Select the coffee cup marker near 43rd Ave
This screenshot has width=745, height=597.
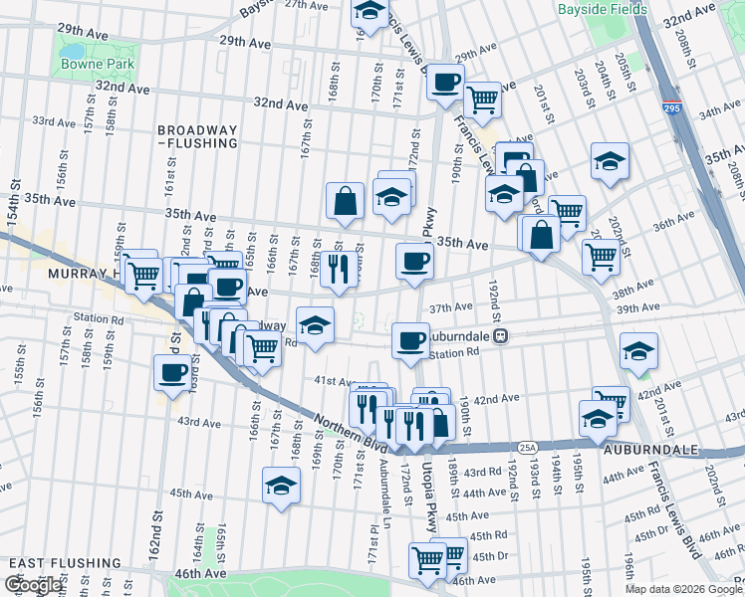[x=172, y=373]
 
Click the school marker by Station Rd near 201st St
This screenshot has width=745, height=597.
[x=638, y=350]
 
